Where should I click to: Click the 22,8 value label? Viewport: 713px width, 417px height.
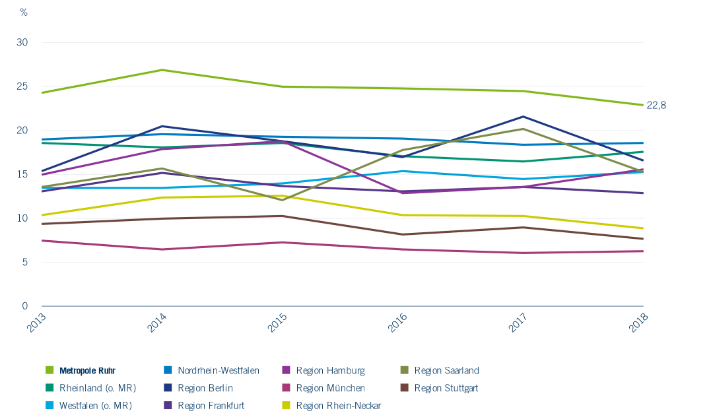(656, 105)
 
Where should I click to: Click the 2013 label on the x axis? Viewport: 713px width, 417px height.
(38, 323)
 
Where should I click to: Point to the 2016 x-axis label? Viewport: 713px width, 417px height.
(399, 323)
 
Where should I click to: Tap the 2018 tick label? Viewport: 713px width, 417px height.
(639, 323)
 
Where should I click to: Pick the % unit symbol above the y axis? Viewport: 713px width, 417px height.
(24, 12)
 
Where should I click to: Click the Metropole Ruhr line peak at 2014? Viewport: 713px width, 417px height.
(162, 70)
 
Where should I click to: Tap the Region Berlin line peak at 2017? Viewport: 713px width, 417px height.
(523, 117)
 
